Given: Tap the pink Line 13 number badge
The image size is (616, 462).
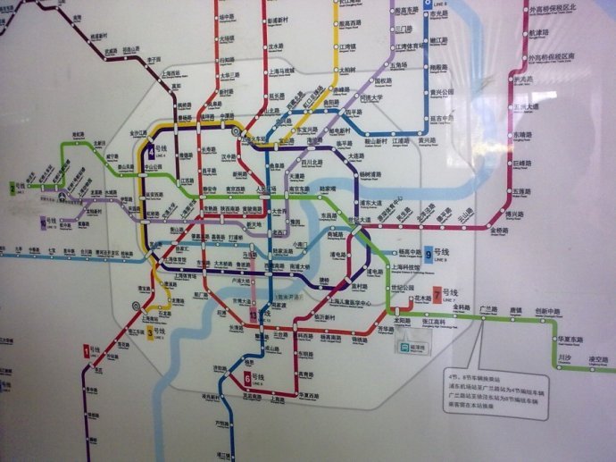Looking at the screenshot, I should (x=254, y=315).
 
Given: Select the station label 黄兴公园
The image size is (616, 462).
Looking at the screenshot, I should (x=443, y=91).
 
